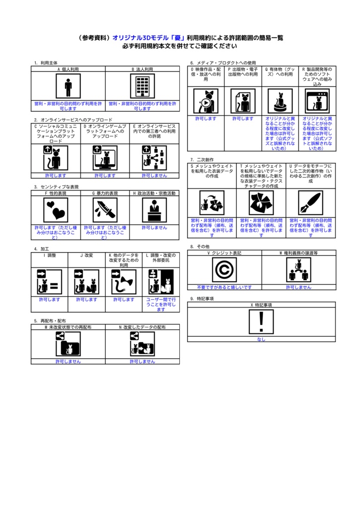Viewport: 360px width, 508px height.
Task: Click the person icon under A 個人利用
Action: (x=68, y=87)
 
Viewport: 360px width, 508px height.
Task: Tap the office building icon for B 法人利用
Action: (x=143, y=87)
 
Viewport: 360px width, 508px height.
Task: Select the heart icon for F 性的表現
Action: (x=56, y=210)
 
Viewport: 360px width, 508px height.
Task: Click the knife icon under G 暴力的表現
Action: (x=105, y=210)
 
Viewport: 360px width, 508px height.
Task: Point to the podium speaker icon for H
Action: (x=154, y=210)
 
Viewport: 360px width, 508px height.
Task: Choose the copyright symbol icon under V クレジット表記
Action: (x=224, y=270)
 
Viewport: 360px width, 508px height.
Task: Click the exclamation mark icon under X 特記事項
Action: (x=261, y=322)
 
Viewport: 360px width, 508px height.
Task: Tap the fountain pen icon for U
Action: (x=310, y=203)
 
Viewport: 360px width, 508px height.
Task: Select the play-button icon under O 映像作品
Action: (x=206, y=101)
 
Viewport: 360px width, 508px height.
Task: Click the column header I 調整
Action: (x=50, y=255)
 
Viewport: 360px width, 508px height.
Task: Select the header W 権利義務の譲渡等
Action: (x=298, y=253)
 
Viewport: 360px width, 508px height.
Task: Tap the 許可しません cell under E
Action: (x=154, y=176)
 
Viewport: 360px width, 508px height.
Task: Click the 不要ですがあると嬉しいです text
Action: (x=224, y=287)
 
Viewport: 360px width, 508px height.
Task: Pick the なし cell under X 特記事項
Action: (x=261, y=339)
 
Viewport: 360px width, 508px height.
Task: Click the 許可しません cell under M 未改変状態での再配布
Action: (x=68, y=362)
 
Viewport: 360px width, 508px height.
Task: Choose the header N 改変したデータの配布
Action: (x=143, y=327)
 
